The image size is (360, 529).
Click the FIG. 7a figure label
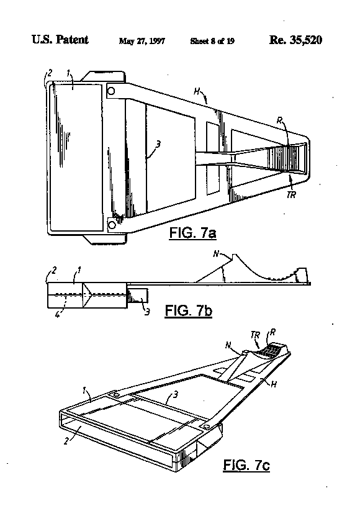point(192,233)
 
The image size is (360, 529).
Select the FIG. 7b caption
point(189,310)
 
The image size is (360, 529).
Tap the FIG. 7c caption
point(246,465)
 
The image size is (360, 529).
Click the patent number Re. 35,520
point(295,40)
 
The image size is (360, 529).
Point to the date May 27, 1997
point(142,41)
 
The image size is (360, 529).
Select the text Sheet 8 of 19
point(212,41)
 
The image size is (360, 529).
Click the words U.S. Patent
point(60,40)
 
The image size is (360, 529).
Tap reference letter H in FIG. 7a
point(197,91)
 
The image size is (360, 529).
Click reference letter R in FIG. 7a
point(279,120)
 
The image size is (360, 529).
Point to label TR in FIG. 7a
point(291,195)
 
